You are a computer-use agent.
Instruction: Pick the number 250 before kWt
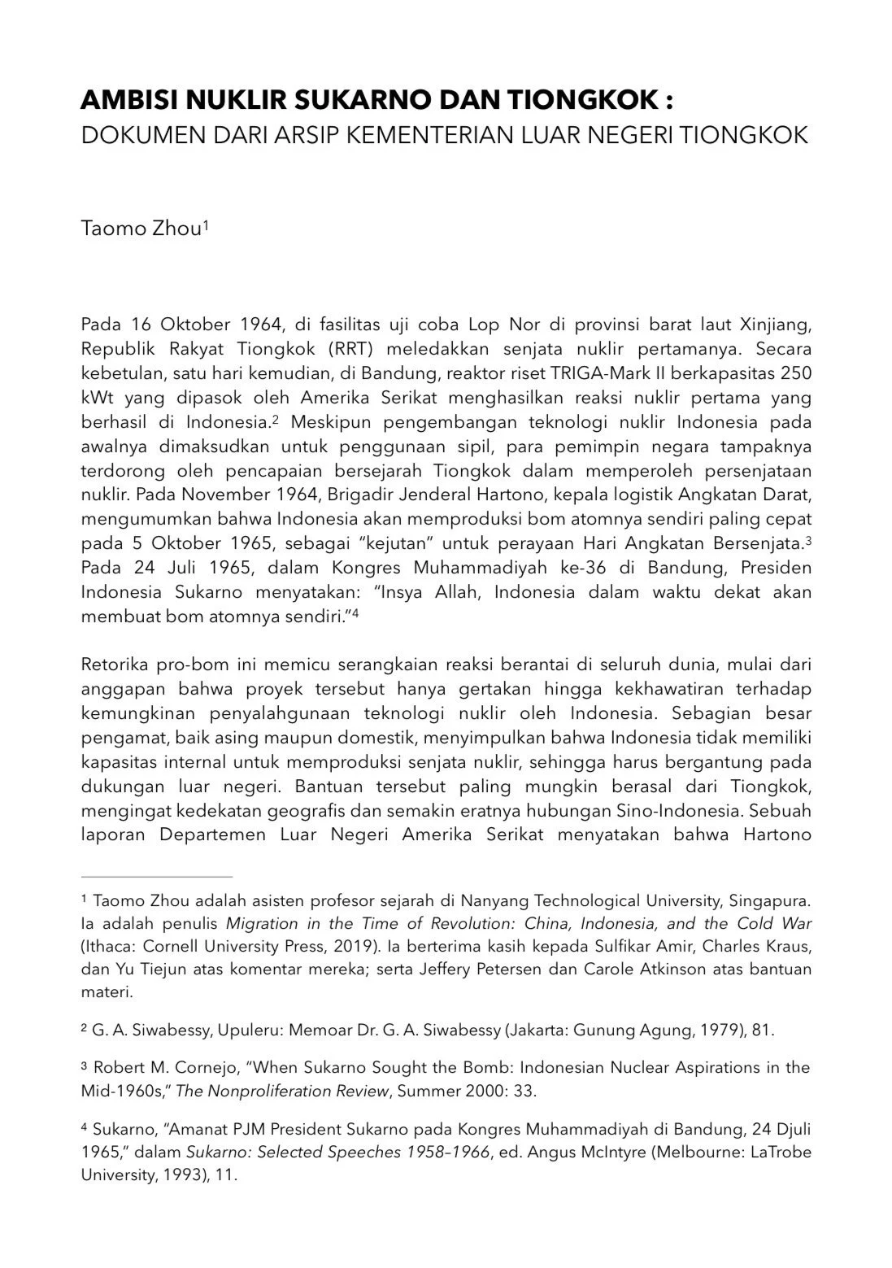(x=796, y=375)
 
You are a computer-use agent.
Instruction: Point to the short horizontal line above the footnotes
(x=157, y=877)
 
